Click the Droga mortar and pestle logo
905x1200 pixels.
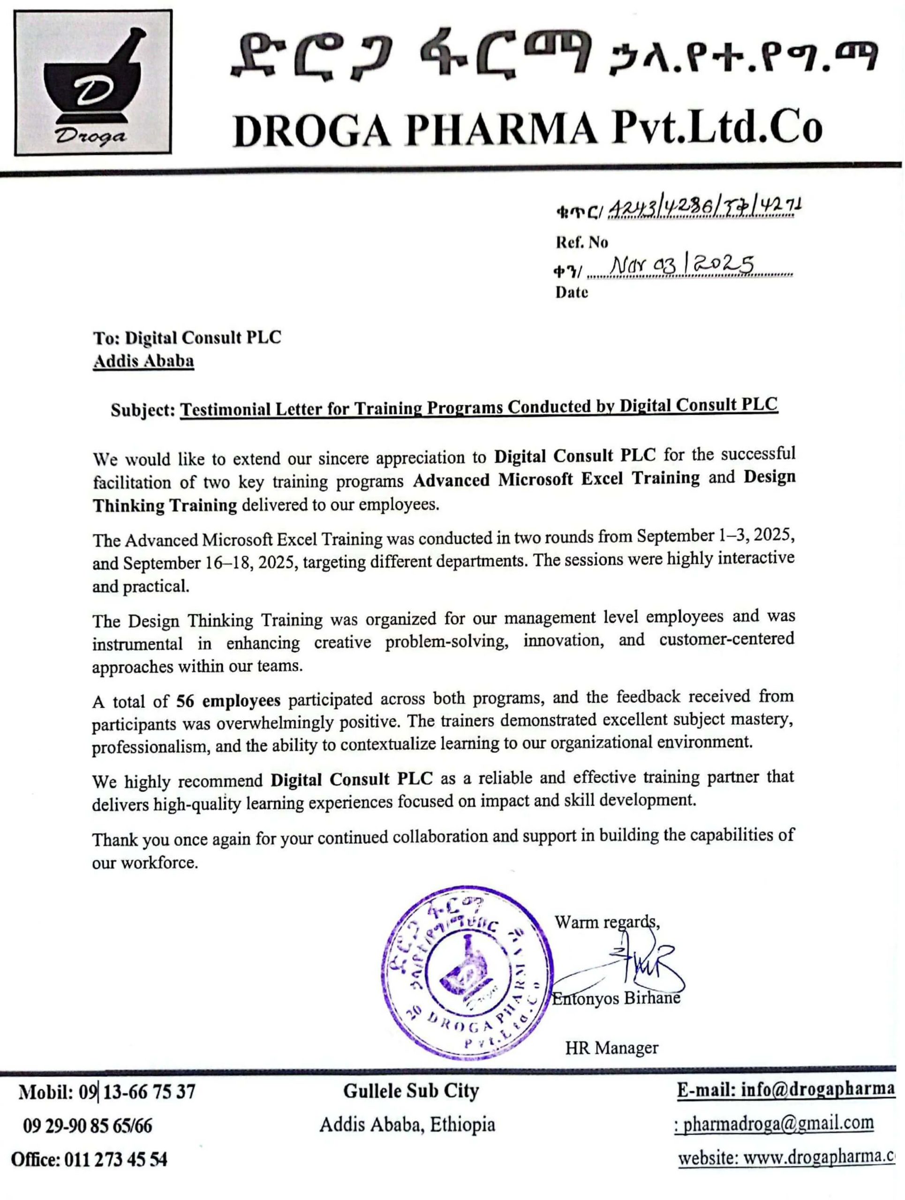click(x=93, y=82)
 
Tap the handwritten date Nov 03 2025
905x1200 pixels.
click(x=683, y=266)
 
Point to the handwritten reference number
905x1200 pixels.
click(x=705, y=207)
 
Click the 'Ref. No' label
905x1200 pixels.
click(x=581, y=242)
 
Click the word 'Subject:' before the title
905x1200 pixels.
click(x=143, y=410)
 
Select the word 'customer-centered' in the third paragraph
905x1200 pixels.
click(x=726, y=639)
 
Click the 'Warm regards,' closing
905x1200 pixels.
click(x=607, y=922)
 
